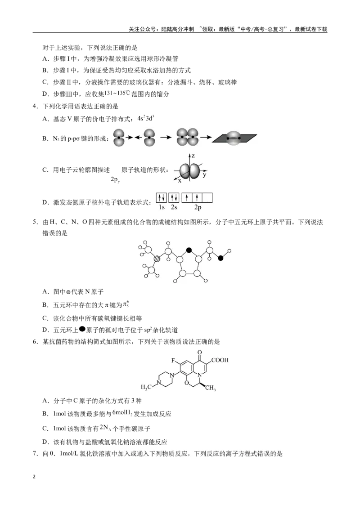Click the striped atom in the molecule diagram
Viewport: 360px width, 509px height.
coord(157,259)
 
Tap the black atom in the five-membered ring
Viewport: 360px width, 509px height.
coord(189,250)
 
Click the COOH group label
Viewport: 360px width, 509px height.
coord(220,360)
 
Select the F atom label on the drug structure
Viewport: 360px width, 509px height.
coord(173,360)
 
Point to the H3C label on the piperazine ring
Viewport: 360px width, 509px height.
coord(146,387)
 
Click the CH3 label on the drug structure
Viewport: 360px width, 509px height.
coord(210,387)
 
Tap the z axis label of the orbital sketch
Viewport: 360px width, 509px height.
coord(193,156)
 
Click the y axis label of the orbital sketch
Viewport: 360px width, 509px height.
coord(204,175)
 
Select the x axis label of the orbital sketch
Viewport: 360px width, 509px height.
coord(180,180)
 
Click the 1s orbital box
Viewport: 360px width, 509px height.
coord(162,197)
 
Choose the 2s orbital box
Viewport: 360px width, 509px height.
coord(174,197)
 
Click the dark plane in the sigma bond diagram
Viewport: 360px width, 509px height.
coord(234,138)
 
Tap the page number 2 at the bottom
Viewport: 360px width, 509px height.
coord(34,477)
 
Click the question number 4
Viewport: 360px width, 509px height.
coord(36,107)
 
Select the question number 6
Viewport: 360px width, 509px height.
coord(36,341)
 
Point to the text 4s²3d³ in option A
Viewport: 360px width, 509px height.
coord(145,119)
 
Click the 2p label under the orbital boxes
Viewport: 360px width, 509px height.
coord(198,207)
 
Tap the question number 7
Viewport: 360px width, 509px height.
coord(36,454)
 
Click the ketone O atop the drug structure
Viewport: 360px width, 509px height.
coord(199,352)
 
